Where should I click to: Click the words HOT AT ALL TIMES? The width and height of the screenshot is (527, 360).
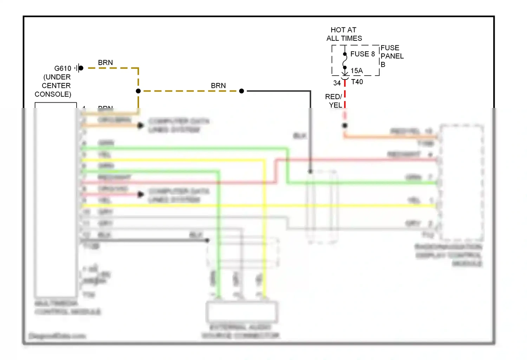344,34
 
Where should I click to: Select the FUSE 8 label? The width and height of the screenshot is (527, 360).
362,54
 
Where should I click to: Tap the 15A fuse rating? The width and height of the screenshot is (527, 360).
357,71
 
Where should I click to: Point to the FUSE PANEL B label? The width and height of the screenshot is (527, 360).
392,56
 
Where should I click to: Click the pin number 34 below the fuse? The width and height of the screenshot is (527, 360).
337,83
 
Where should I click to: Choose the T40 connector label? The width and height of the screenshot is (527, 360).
357,82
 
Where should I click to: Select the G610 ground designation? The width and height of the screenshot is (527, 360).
63,68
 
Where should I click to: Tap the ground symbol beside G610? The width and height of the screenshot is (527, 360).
79,68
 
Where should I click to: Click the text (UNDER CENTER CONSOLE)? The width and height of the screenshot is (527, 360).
53,85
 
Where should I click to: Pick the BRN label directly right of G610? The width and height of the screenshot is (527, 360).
105,63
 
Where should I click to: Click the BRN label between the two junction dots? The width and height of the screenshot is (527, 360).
218,85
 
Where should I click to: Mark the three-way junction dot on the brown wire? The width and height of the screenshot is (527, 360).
138,91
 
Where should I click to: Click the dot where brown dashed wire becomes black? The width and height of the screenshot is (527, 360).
241,91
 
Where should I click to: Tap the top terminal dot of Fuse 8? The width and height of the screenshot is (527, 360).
345,54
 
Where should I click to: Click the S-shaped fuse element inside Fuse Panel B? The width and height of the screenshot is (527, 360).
345,60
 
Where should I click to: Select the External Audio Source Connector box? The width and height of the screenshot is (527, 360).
242,312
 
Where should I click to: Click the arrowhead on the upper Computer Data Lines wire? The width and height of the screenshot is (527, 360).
141,126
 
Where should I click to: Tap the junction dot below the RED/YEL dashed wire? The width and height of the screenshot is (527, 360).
345,126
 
